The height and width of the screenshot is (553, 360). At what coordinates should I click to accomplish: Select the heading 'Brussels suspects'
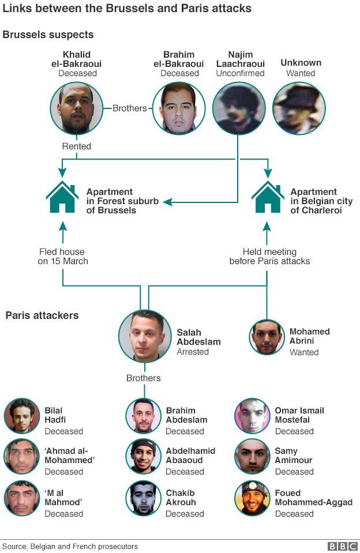point(48,35)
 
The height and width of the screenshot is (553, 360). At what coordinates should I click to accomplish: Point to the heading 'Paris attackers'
point(42,315)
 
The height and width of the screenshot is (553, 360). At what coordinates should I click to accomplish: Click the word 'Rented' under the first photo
point(77,146)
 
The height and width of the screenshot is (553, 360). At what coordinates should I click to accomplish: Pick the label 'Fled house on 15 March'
point(63,256)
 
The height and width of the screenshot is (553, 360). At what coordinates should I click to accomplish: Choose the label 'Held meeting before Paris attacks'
point(269,256)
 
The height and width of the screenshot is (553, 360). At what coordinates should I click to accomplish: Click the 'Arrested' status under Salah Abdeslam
point(193,352)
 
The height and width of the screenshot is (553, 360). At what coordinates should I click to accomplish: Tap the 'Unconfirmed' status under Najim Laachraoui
point(240,73)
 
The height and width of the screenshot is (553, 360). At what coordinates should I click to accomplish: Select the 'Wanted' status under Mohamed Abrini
point(304,352)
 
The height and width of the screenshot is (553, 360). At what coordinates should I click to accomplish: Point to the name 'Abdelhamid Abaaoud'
point(190,456)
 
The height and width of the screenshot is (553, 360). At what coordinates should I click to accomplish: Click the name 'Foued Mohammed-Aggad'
point(313,497)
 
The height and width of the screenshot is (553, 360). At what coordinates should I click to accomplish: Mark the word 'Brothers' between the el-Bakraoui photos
point(130,108)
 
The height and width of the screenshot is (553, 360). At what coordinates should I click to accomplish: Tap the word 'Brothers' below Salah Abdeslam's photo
point(144,378)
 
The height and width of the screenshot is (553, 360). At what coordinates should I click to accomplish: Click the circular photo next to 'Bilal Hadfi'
point(22,416)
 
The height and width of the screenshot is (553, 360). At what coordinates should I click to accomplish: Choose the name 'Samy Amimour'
point(294,456)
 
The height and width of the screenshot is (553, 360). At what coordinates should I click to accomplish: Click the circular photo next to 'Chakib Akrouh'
point(144,498)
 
